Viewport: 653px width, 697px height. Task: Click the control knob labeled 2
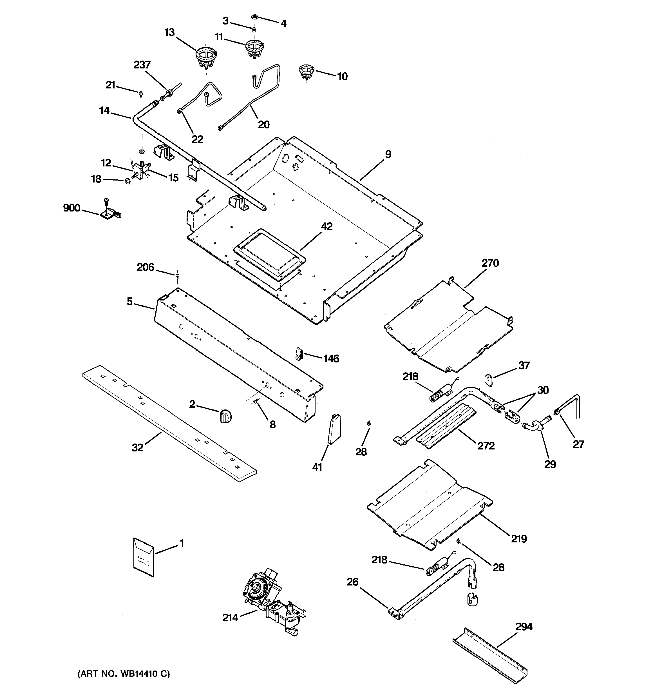(x=226, y=416)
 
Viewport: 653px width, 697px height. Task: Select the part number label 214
(x=230, y=617)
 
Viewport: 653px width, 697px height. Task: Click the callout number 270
(x=490, y=263)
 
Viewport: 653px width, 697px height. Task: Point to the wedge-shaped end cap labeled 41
(x=334, y=428)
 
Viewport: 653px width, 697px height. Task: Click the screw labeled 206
(x=177, y=276)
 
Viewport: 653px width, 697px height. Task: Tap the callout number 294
(x=524, y=627)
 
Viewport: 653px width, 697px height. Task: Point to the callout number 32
(x=137, y=447)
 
